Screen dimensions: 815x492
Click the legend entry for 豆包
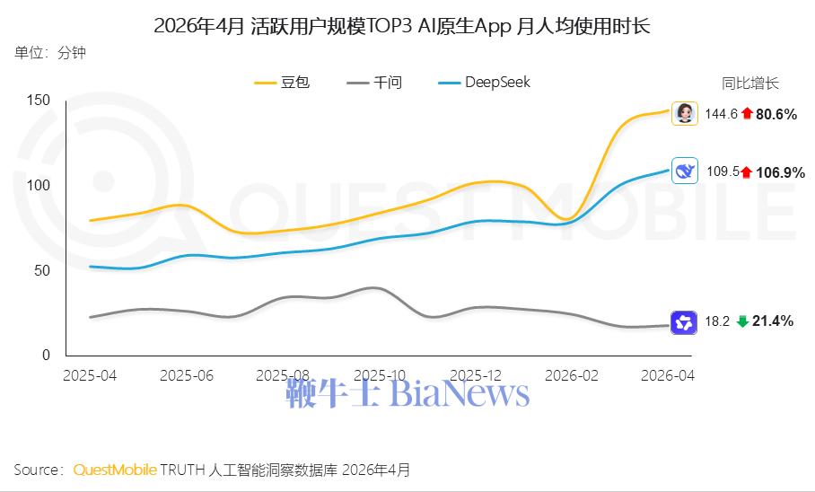282,83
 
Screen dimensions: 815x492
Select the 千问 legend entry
374,83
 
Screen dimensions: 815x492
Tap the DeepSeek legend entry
485,83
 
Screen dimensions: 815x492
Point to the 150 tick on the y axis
39,100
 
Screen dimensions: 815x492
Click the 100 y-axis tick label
39,185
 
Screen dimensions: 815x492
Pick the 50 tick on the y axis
42,270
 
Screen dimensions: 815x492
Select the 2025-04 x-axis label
90,375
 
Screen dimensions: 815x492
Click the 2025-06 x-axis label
187,375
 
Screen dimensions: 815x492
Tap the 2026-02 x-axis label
572,375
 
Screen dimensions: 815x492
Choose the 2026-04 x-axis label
668,375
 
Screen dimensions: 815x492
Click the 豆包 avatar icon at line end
685,113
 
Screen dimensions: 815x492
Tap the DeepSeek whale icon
685,171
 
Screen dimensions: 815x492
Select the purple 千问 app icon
684,322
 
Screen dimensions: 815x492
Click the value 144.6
721,114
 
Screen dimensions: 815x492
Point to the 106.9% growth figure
780,172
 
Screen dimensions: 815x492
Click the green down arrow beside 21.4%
743,321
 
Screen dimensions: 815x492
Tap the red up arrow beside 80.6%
748,113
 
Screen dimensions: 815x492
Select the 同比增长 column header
750,83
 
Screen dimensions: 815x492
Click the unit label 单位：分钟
50,53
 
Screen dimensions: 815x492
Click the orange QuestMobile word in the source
115,470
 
